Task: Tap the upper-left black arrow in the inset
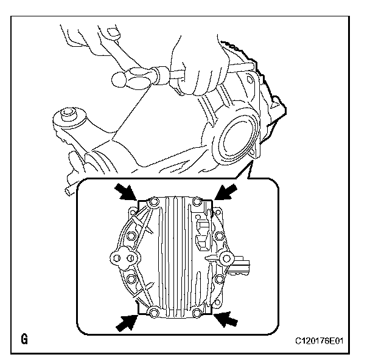click(x=128, y=193)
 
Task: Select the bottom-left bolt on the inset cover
click(x=154, y=313)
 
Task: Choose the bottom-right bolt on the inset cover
click(x=197, y=313)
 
